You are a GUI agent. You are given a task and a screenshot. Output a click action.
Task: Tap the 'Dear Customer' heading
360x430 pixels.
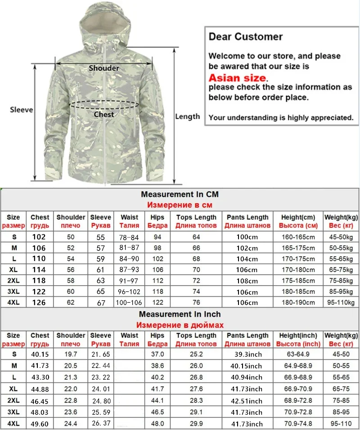245,37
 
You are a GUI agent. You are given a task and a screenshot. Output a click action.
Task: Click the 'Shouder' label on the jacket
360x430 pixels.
104,68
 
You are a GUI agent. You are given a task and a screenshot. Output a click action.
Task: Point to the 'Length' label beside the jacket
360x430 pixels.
187,116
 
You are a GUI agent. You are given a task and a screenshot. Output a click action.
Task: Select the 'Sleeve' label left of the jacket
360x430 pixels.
21,110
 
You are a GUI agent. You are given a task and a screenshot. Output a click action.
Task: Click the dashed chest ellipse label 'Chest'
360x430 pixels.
104,114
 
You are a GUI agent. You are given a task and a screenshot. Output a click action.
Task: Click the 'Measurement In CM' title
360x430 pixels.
180,195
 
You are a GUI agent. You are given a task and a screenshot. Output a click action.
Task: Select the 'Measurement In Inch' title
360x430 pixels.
180,314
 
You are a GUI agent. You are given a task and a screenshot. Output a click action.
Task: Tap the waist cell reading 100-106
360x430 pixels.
129,302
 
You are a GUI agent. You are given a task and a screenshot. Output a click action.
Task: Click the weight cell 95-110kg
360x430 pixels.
341,302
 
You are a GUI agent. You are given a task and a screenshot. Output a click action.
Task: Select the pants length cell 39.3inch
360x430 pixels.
247,355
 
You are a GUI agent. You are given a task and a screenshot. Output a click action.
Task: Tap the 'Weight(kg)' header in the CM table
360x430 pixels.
341,217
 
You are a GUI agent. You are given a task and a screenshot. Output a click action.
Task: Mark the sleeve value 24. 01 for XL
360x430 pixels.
101,388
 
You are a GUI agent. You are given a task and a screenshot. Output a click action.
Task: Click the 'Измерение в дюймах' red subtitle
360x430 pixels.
180,325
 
